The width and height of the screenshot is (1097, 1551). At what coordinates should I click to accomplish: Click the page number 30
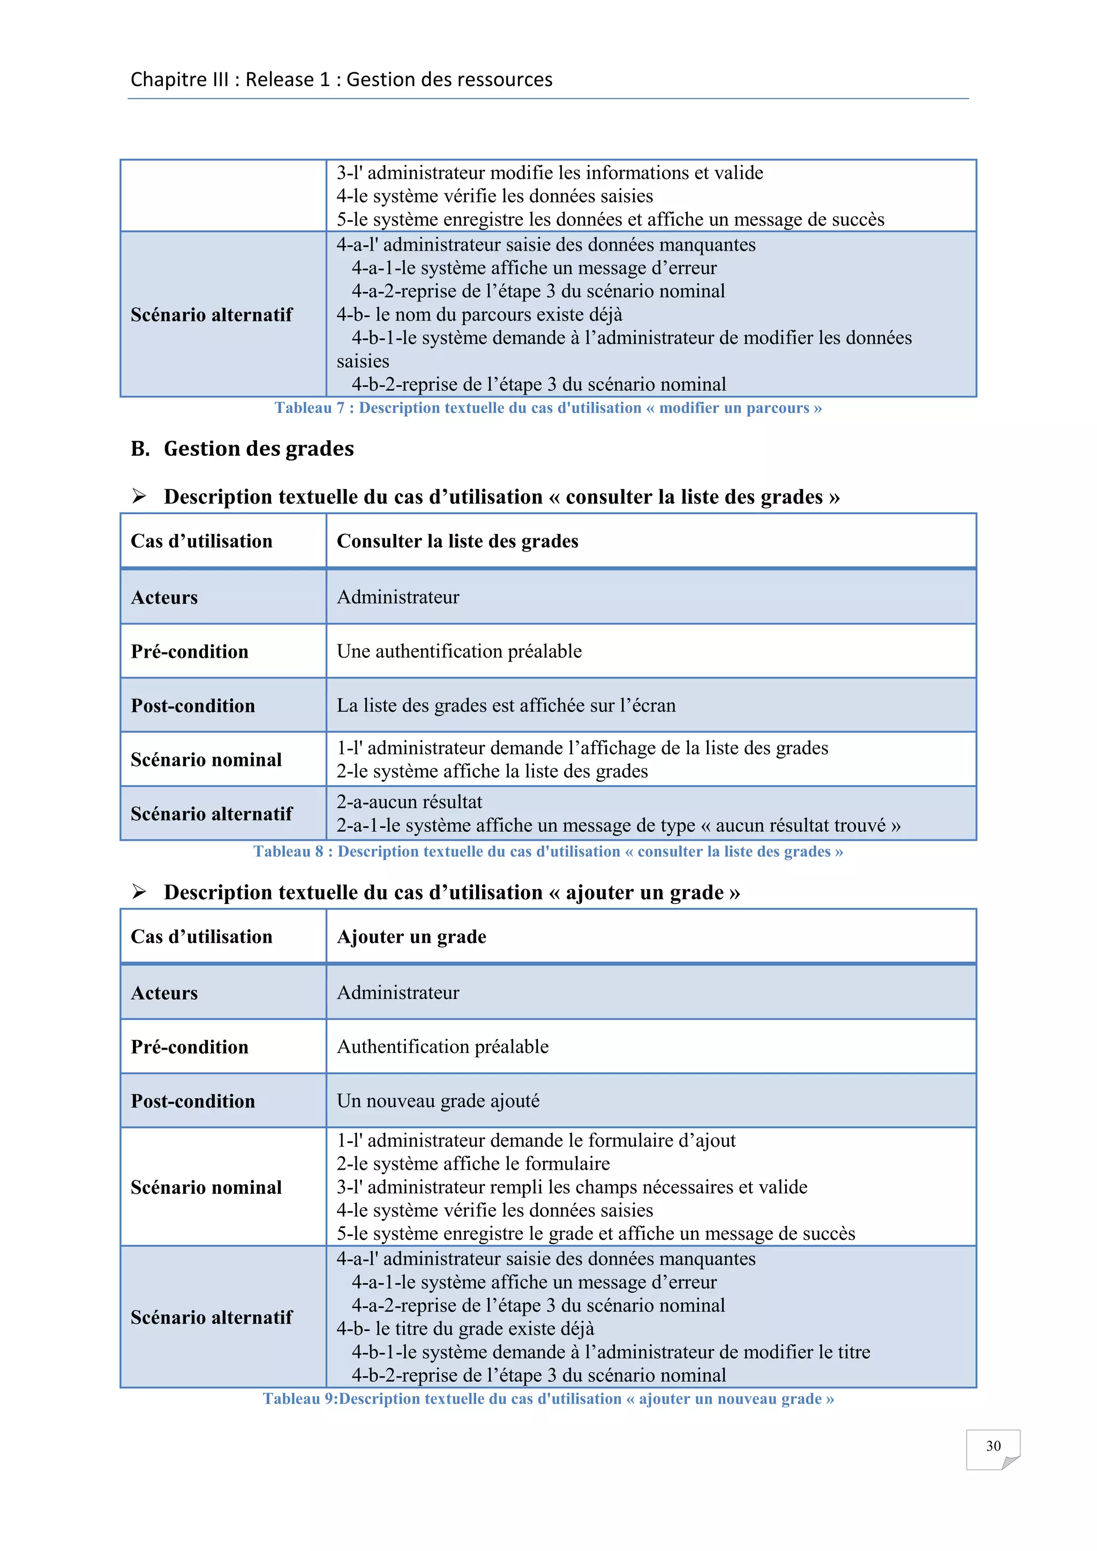[x=993, y=1445]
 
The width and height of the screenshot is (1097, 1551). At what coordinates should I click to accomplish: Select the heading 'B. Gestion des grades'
[x=243, y=449]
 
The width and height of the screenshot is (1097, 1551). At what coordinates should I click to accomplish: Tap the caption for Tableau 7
[x=548, y=408]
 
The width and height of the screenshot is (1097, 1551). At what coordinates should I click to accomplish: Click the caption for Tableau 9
[x=548, y=1398]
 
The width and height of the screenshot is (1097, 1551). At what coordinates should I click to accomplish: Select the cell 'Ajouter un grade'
[x=411, y=936]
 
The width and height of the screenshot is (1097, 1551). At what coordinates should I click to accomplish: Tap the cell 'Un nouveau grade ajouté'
[x=438, y=1101]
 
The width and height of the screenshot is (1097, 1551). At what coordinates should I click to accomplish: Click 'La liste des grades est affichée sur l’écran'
[x=506, y=705]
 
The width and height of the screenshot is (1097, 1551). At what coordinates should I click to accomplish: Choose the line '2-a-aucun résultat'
[x=409, y=802]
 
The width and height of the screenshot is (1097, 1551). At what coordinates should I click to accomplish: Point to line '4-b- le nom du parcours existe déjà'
[x=479, y=315]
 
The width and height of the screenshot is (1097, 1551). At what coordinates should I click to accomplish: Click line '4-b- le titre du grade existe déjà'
[x=465, y=1329]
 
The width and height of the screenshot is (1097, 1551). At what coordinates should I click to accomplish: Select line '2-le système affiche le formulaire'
[x=473, y=1163]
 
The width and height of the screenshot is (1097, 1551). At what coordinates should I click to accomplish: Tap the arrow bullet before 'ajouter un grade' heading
[x=139, y=892]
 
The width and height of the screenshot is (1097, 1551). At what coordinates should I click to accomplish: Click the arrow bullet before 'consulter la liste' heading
[x=139, y=496]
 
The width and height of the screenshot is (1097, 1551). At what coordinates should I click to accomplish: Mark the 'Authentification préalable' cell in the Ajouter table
[x=442, y=1046]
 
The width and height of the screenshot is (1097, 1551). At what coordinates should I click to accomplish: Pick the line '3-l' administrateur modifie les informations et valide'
[x=550, y=173]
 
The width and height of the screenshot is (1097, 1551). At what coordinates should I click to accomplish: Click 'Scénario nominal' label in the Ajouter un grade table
[x=206, y=1187]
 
